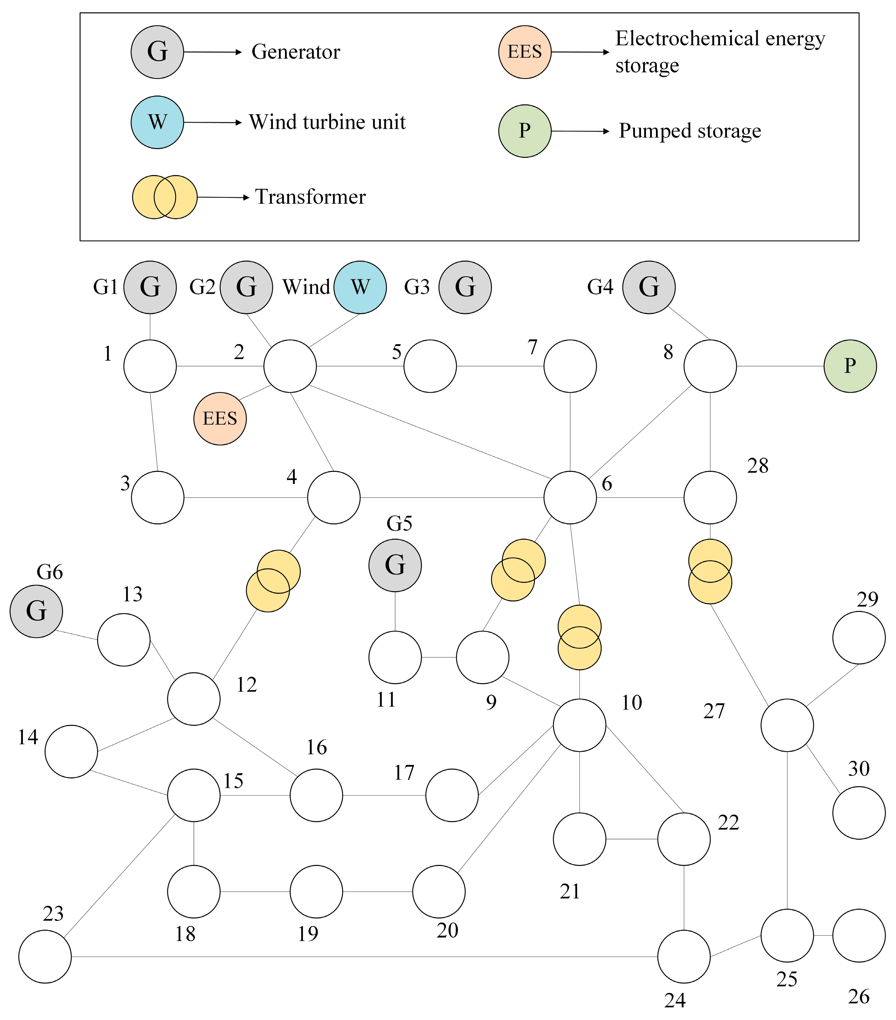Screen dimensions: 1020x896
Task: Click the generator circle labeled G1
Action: tap(150, 287)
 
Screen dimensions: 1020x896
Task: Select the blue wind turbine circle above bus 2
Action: tap(360, 287)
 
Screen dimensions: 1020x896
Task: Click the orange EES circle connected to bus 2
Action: tap(220, 418)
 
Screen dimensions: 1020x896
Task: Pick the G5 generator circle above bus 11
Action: tap(395, 565)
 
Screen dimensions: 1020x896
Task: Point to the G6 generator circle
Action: tap(36, 611)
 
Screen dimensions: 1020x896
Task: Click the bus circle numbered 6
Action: tap(570, 498)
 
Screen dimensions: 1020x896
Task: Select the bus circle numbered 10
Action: tap(579, 725)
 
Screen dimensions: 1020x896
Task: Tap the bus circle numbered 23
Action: tap(45, 957)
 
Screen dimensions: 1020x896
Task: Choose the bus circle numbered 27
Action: tap(787, 725)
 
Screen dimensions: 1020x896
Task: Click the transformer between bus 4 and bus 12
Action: tap(273, 581)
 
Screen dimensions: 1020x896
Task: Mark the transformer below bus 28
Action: tap(710, 571)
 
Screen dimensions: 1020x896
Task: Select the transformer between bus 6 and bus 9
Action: tap(518, 570)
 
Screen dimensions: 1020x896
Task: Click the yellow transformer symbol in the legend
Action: tap(164, 197)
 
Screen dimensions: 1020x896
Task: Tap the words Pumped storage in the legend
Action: tap(690, 131)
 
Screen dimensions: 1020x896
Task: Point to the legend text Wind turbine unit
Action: tap(327, 122)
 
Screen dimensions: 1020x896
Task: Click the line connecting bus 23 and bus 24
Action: tap(364, 957)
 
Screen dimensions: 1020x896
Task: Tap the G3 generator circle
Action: tap(465, 287)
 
